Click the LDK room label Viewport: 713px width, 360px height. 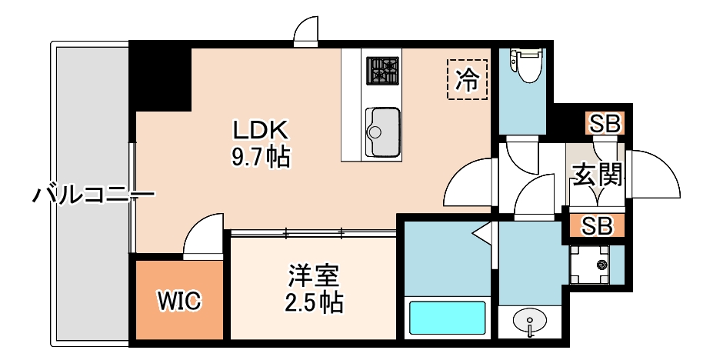click(260, 128)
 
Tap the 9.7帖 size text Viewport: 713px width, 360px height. click(260, 158)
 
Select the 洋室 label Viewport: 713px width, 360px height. click(314, 275)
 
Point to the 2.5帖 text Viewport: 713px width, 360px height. click(314, 302)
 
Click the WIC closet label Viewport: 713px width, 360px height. click(180, 301)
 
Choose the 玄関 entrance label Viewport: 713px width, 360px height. click(596, 176)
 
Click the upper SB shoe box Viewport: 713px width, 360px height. click(605, 123)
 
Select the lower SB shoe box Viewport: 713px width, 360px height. click(597, 226)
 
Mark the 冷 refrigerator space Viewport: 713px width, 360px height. click(467, 80)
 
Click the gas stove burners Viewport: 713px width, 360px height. click(382, 72)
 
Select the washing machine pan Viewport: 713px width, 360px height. click(590, 265)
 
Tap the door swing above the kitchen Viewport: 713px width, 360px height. click(306, 32)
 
